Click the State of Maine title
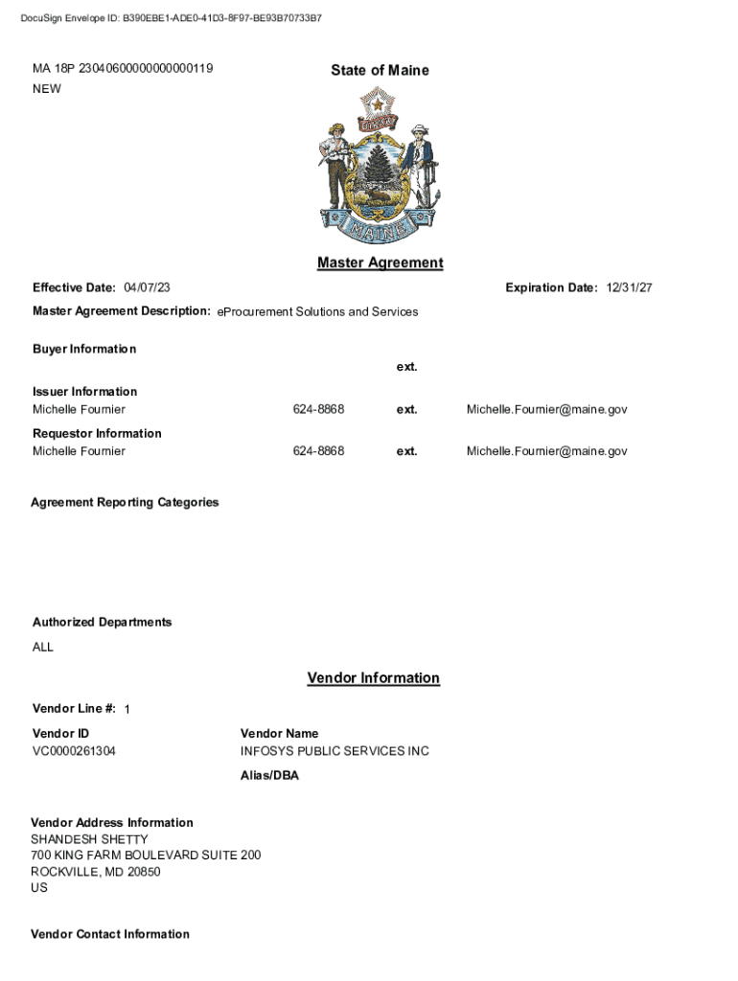tap(380, 70)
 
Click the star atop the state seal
tap(379, 103)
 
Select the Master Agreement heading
tap(380, 262)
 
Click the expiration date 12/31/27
tap(630, 288)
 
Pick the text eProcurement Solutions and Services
tap(317, 311)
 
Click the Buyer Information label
tap(84, 349)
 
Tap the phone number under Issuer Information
tap(318, 409)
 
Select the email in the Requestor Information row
tap(546, 451)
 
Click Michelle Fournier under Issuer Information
tap(79, 409)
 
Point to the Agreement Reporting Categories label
tap(125, 502)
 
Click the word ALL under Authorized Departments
tap(43, 647)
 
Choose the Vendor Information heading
tap(373, 678)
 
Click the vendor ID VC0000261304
tap(74, 751)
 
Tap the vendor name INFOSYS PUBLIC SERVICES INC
tap(334, 751)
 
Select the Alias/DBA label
tap(269, 776)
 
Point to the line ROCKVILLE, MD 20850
tap(96, 872)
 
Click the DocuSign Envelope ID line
tap(172, 18)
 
